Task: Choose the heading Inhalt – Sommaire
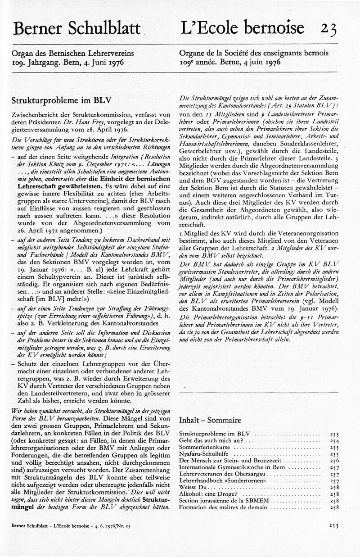pos(210,420)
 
